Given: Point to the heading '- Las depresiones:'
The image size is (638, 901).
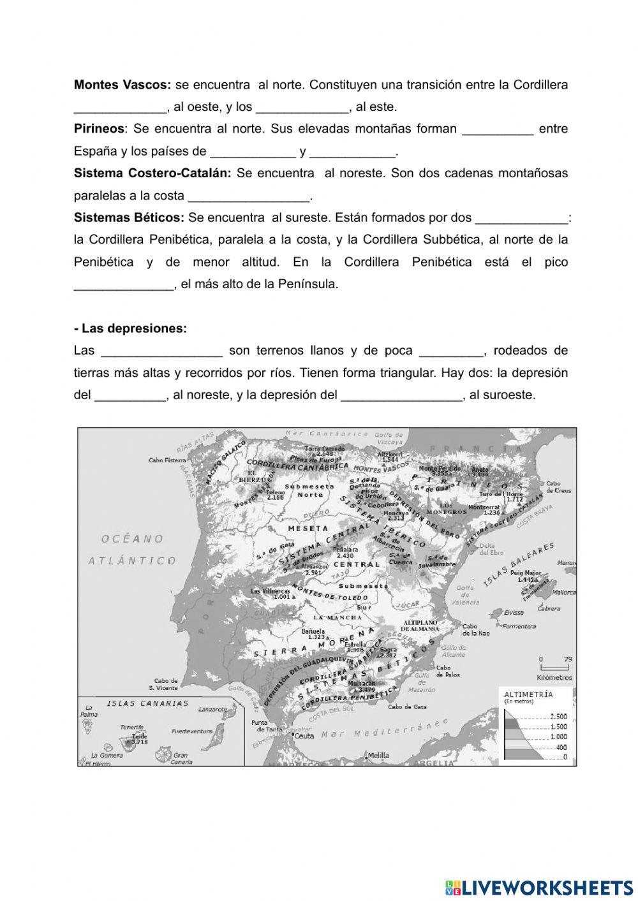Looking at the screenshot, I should pos(130,328).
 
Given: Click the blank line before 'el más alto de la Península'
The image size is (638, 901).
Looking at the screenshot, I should pos(124,284).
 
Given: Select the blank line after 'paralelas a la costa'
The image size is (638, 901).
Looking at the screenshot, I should pos(249,196).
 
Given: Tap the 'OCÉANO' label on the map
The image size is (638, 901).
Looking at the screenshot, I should pos(132,539).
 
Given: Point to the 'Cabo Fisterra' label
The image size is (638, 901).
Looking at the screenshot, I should pos(167,460).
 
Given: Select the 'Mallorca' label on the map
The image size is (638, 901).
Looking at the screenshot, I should pos(564,592).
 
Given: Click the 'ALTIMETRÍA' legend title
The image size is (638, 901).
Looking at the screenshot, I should pos(528,694).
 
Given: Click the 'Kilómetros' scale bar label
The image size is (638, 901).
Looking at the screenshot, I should pos(554,677).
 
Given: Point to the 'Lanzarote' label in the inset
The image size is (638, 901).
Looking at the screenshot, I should pos(212,709).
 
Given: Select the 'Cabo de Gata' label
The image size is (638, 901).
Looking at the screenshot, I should pos(407,707).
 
